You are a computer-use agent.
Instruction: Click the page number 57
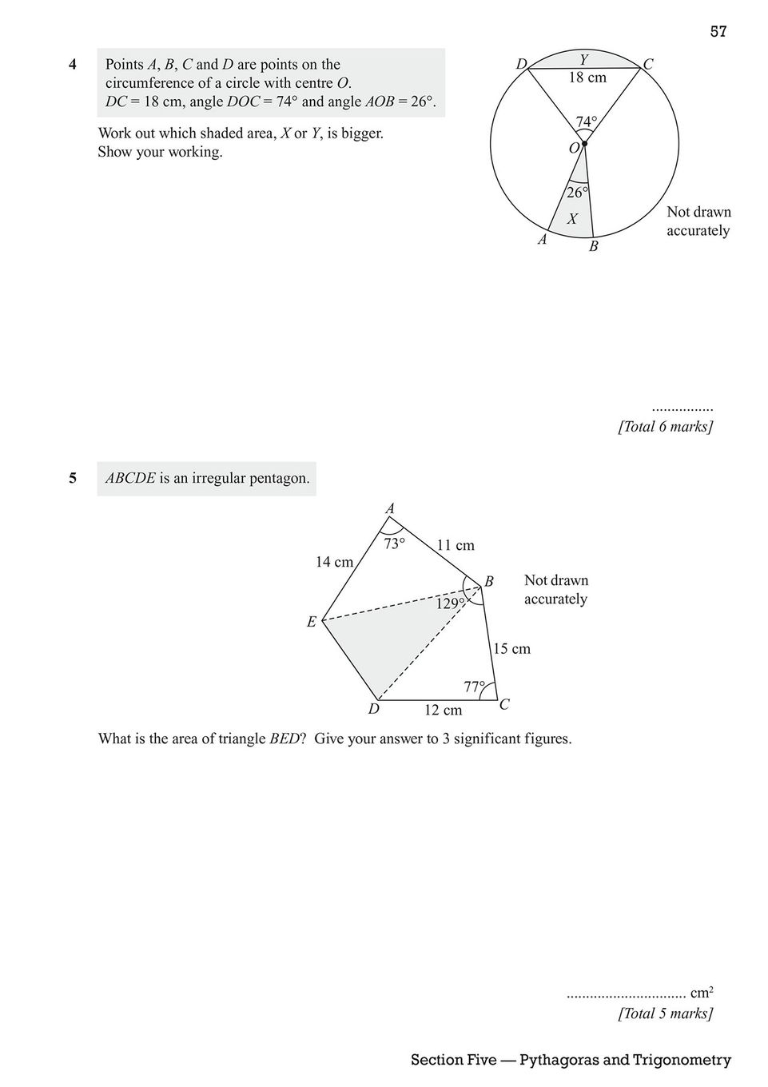click(718, 32)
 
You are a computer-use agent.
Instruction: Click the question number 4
click(73, 65)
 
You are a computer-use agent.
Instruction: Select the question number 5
click(73, 479)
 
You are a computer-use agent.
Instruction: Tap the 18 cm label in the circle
click(587, 78)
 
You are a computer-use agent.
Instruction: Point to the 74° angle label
click(586, 121)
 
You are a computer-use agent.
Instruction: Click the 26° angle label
click(576, 193)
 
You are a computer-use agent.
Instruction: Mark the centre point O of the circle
click(585, 144)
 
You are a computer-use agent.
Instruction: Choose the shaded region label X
click(572, 218)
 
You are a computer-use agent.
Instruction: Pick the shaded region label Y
click(584, 58)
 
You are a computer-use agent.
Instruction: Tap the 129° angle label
click(450, 603)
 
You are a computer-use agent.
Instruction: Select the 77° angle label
click(475, 687)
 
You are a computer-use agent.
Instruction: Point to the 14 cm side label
click(334, 562)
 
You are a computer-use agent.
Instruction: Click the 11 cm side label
click(456, 545)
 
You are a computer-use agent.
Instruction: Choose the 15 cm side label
click(511, 648)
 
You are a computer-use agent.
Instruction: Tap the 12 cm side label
click(443, 710)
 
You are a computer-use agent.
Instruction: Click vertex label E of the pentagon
click(311, 622)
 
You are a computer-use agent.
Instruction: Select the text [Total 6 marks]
click(665, 427)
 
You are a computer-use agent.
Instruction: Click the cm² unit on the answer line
click(702, 993)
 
